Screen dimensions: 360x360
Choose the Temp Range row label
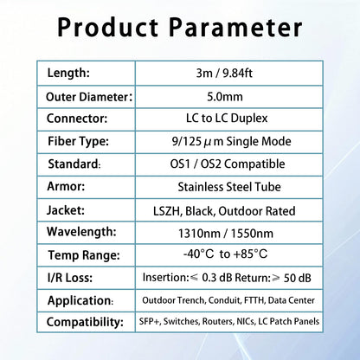point(84,255)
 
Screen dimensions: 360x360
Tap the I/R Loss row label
point(74,278)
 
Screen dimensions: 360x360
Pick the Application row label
point(82,300)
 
